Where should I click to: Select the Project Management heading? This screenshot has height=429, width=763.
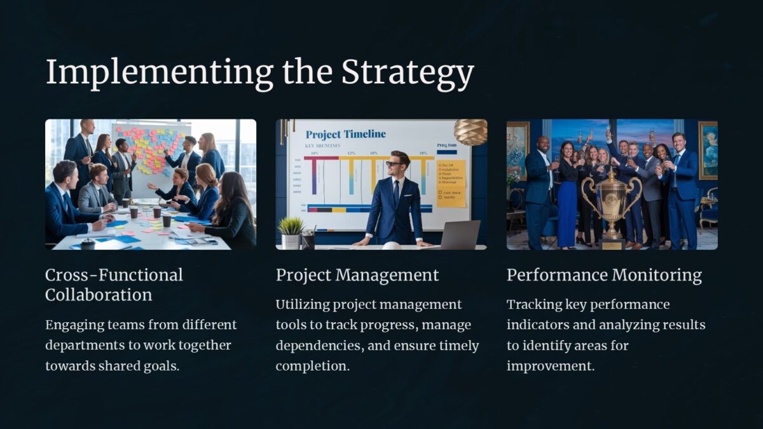357,275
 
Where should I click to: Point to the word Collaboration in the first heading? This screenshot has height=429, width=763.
99,295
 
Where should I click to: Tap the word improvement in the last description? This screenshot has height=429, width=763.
551,366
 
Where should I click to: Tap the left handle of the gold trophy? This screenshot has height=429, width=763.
588,193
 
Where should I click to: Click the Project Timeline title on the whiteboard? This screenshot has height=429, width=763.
345,134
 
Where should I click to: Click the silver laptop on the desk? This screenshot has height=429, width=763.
459,235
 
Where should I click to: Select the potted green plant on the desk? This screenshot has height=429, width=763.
291,226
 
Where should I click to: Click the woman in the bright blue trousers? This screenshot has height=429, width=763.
566,203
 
